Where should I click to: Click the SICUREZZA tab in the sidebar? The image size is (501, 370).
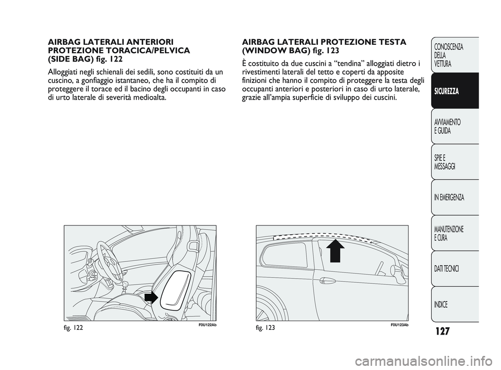point(446,91)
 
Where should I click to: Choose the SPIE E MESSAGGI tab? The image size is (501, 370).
point(444,162)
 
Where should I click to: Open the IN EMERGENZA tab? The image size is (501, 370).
point(449,198)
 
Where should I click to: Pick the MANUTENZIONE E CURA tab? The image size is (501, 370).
point(448,233)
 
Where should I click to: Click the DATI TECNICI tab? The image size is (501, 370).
point(446,268)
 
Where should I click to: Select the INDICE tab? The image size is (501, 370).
point(441,304)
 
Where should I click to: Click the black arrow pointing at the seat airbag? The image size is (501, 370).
point(151,297)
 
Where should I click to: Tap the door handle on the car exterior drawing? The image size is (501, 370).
point(328,280)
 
